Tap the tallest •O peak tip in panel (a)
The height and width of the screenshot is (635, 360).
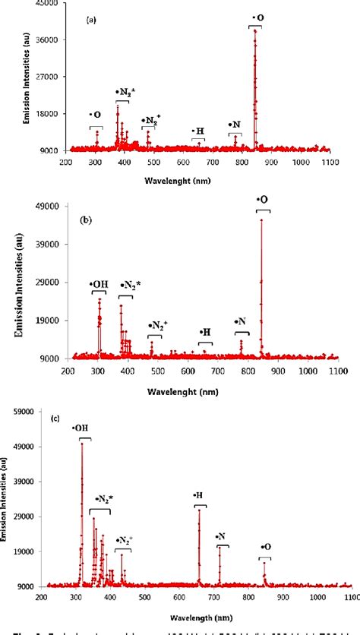[x=255, y=30]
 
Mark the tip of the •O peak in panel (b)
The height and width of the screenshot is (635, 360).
[x=261, y=220]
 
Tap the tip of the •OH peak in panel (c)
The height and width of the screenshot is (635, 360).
[x=82, y=443]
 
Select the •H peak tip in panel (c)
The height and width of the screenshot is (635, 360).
[x=199, y=510]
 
